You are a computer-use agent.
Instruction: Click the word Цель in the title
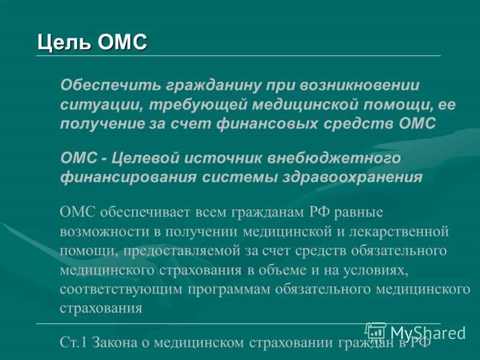pyautogui.click(x=58, y=43)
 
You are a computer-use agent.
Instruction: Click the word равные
pyautogui.click(x=358, y=212)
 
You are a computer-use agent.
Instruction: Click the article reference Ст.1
pyautogui.click(x=74, y=343)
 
